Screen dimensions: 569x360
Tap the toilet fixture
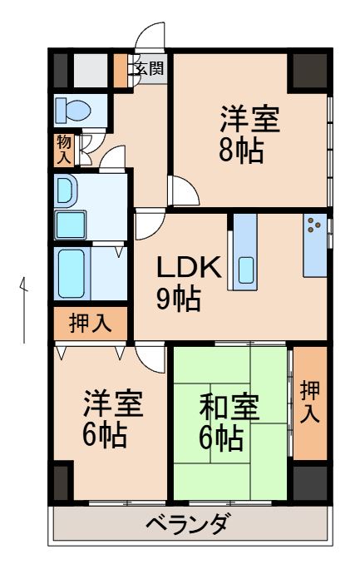tap(71, 110)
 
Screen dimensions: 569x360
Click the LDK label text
tap(189, 268)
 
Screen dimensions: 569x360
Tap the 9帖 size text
tap(179, 298)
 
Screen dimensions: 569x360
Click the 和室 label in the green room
tap(229, 409)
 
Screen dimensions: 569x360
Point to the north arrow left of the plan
tap(24, 308)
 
